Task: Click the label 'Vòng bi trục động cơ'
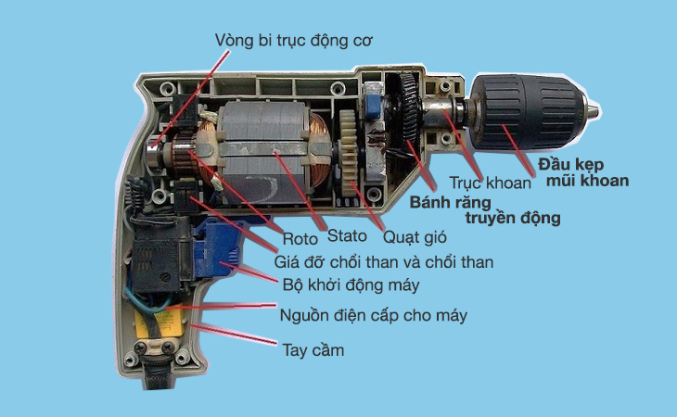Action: [x=294, y=42]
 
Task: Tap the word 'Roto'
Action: [x=300, y=238]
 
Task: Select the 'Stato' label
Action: [x=347, y=235]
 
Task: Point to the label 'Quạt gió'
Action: [x=415, y=237]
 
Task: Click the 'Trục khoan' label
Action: [x=490, y=183]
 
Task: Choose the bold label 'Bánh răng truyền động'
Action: [x=485, y=210]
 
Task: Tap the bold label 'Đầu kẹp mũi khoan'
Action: [x=583, y=172]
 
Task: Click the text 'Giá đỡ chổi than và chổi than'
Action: [x=383, y=262]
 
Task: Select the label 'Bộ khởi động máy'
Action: [x=351, y=285]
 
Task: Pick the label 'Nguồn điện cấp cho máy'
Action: [x=374, y=315]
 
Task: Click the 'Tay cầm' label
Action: [x=313, y=349]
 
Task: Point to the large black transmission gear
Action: [x=407, y=113]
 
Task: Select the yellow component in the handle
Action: [x=160, y=324]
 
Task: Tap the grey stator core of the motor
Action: [x=264, y=152]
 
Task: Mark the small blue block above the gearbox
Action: [x=372, y=106]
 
